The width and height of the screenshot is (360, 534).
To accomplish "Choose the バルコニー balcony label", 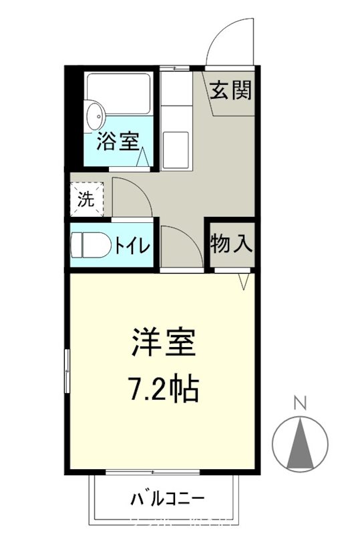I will tap(166, 498).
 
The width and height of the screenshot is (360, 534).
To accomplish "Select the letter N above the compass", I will tap(301, 403).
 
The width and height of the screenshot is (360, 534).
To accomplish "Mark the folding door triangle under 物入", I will tap(244, 283).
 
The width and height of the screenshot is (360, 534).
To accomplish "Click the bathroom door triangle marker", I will tap(142, 158).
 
